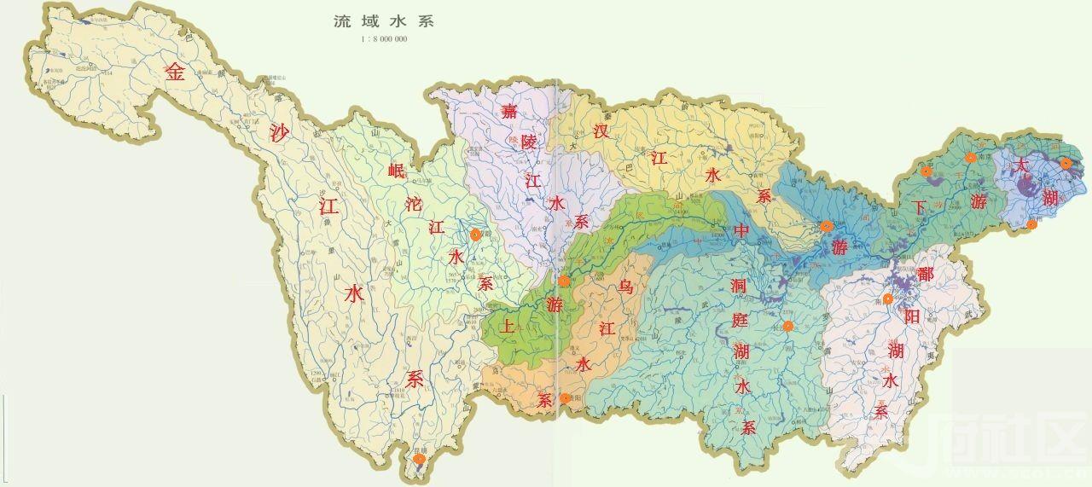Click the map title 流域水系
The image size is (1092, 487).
(x=383, y=21)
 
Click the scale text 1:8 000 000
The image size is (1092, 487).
(x=384, y=39)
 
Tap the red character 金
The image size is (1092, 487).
(x=175, y=72)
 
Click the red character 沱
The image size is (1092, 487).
(x=415, y=204)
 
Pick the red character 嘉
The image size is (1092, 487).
(x=509, y=111)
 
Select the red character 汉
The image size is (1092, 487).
(x=601, y=131)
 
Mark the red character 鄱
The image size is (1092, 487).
(x=925, y=275)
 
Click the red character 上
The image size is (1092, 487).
(x=509, y=326)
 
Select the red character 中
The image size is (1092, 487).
(x=742, y=230)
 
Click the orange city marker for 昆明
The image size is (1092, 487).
(x=419, y=460)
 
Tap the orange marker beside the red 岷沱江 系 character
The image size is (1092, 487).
(x=475, y=234)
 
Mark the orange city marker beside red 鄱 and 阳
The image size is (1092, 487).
(x=888, y=299)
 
